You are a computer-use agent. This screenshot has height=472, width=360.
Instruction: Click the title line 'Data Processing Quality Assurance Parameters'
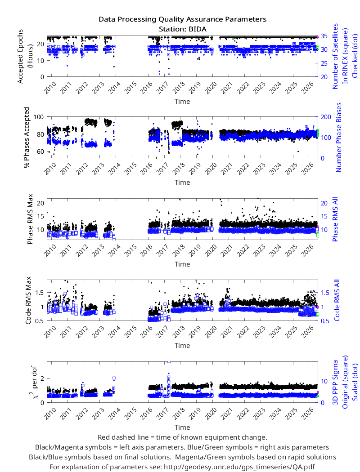(x=183, y=19)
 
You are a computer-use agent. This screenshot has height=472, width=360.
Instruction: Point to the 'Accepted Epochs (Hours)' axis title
(x=25, y=56)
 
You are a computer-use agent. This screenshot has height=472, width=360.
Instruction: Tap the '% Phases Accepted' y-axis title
(x=27, y=137)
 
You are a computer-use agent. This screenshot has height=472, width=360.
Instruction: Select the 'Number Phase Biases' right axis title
(x=339, y=137)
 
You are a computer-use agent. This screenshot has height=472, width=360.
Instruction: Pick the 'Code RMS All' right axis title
(x=337, y=300)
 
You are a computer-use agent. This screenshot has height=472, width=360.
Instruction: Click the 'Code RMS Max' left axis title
(x=28, y=300)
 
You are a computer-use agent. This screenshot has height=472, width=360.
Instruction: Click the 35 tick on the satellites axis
(x=324, y=36)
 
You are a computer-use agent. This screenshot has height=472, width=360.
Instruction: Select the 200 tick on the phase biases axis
(x=326, y=117)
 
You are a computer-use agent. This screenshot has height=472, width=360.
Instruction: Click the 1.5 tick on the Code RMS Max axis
(x=40, y=293)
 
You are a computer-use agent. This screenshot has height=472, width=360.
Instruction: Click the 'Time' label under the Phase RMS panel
(x=182, y=264)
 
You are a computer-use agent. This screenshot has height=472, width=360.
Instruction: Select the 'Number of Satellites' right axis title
(x=335, y=56)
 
